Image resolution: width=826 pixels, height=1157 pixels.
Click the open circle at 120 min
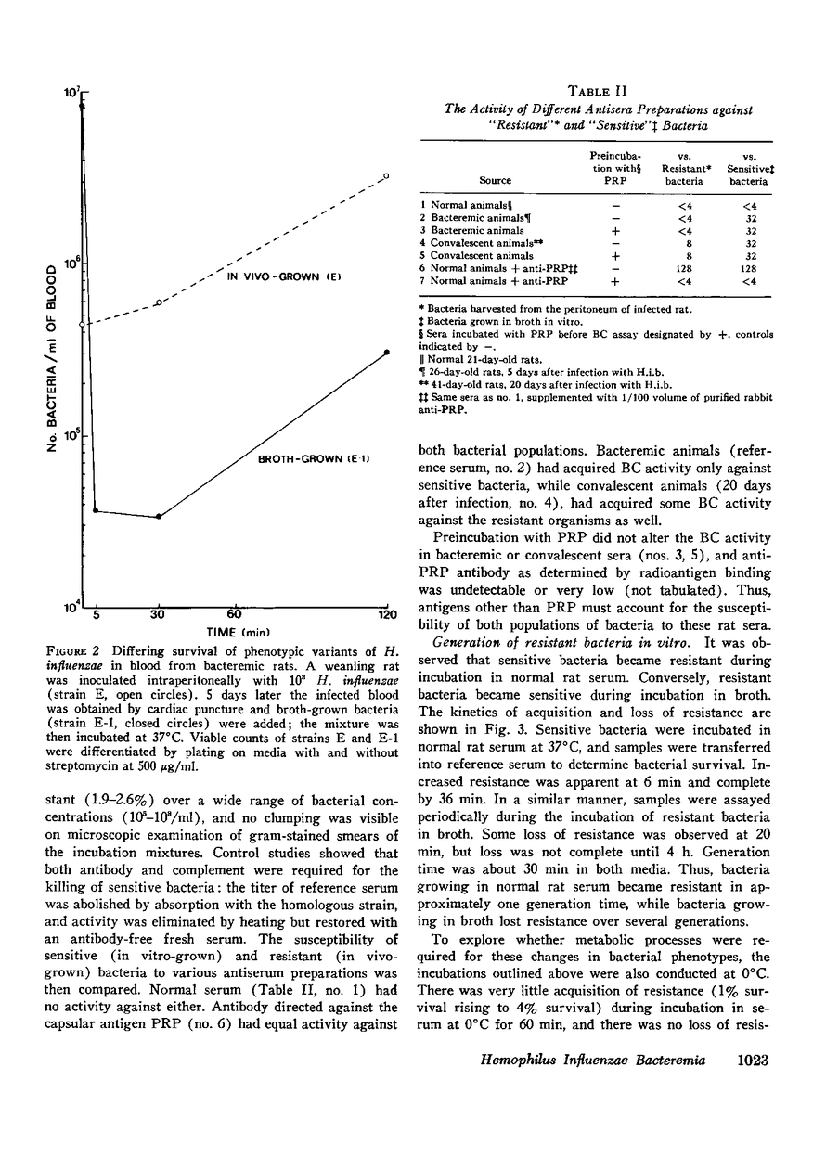[x=387, y=175]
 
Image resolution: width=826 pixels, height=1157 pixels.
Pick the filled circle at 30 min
[x=159, y=516]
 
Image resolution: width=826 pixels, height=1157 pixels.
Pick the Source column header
[x=495, y=181]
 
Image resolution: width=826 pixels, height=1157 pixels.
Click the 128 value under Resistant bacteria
[x=688, y=268]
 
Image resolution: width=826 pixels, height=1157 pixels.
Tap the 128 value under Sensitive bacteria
[x=746, y=268]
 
